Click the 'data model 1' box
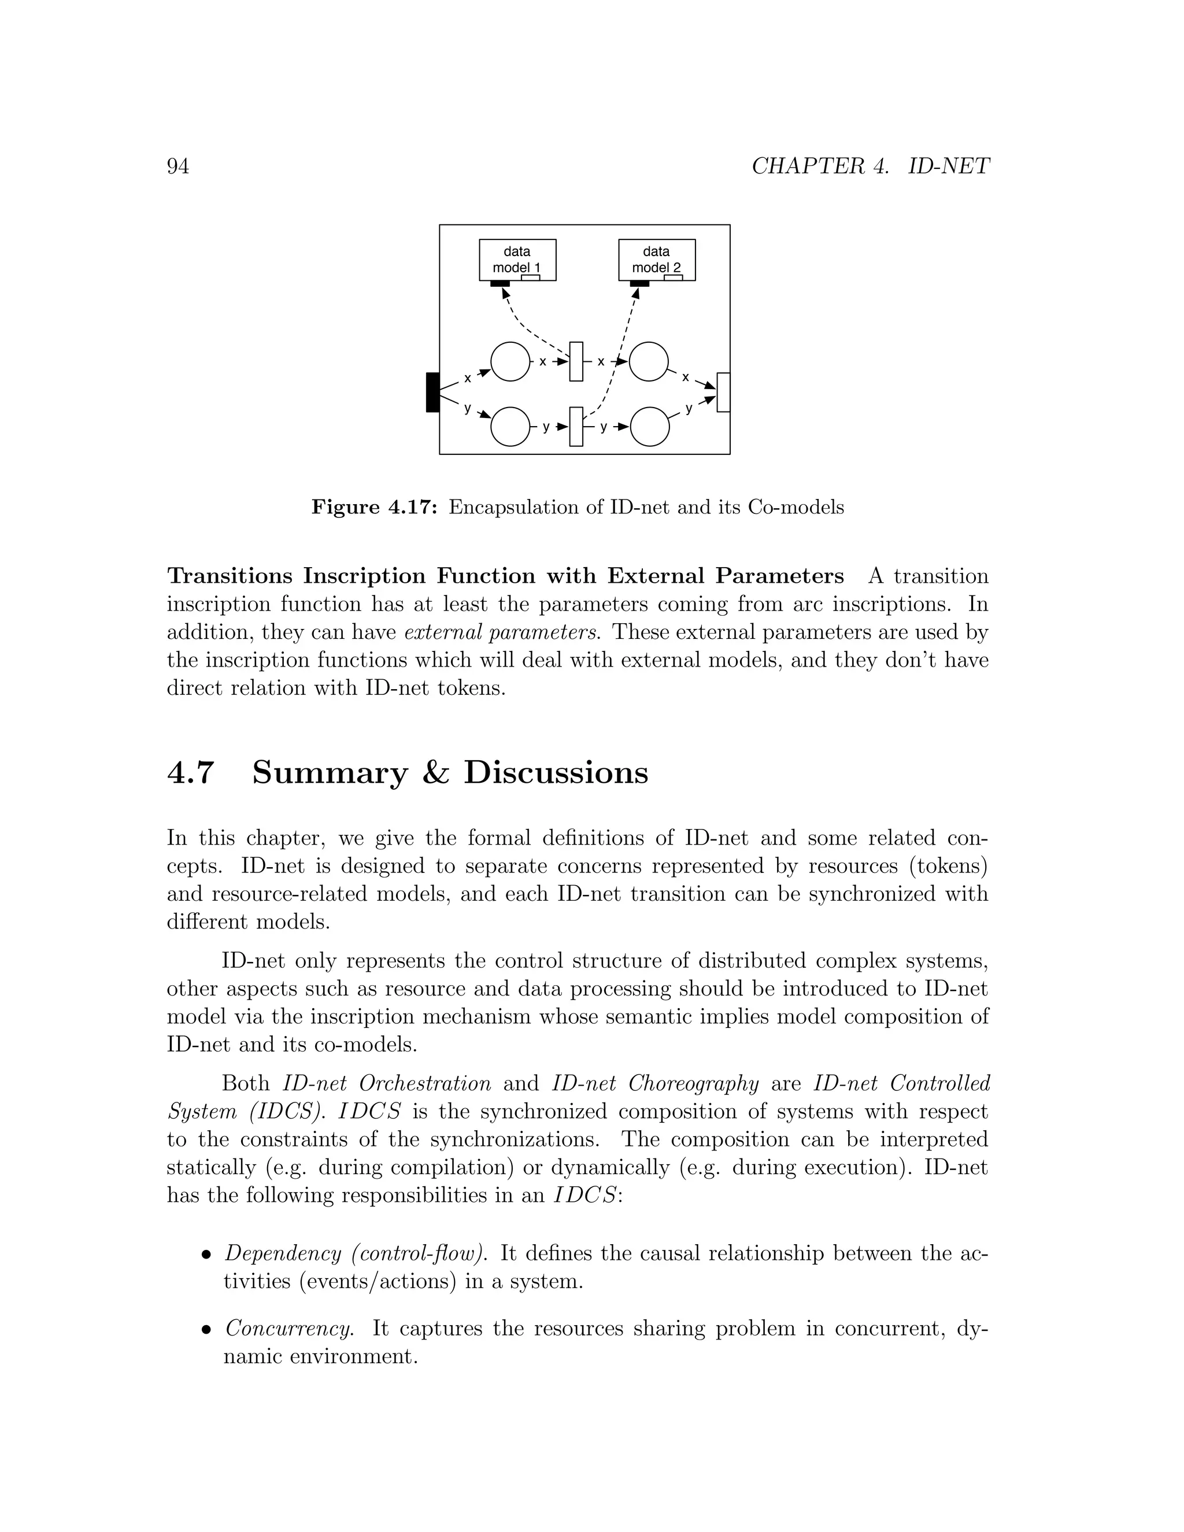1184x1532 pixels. click(517, 259)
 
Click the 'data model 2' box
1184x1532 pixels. click(657, 259)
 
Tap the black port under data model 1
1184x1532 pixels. click(499, 283)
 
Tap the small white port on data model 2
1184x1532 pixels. click(673, 277)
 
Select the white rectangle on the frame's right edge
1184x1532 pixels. click(723, 392)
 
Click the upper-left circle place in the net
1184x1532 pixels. click(510, 361)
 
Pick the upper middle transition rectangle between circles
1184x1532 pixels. click(576, 361)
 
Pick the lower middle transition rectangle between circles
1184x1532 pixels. click(576, 426)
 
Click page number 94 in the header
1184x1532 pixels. click(178, 166)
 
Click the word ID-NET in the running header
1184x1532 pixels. click(948, 166)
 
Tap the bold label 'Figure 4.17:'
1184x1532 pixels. click(375, 506)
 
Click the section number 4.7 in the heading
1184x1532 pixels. click(190, 772)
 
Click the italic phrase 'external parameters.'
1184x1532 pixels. click(502, 632)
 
